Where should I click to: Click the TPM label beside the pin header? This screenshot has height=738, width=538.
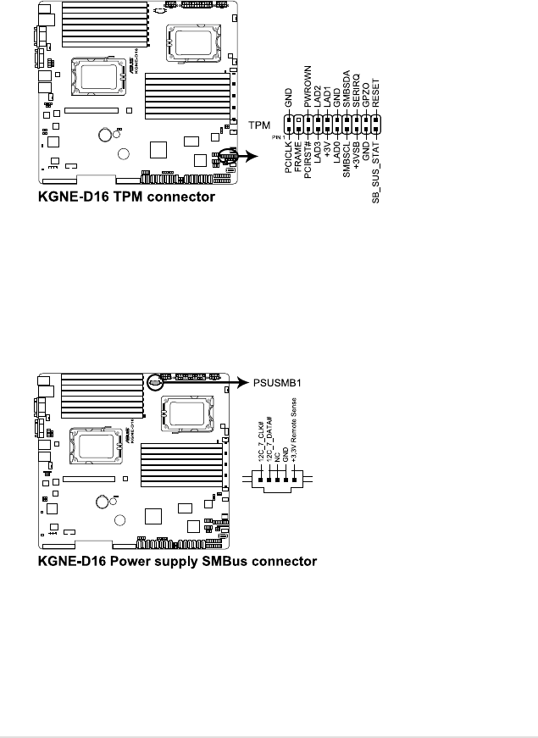click(x=259, y=125)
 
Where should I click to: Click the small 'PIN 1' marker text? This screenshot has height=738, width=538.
click(x=277, y=135)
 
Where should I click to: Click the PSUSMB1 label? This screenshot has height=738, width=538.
click(x=276, y=382)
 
